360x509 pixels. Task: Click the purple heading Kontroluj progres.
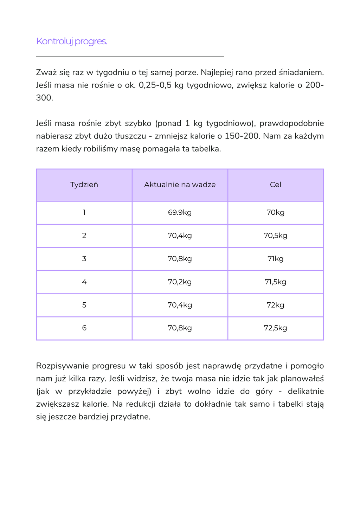click(71, 41)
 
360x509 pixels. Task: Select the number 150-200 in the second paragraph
click(242, 136)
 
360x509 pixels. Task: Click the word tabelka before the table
click(206, 149)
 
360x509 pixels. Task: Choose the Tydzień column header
click(84, 185)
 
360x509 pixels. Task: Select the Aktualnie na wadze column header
click(180, 185)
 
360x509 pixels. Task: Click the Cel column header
click(275, 185)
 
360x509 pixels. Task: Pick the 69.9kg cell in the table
click(180, 213)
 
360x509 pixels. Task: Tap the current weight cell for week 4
click(180, 282)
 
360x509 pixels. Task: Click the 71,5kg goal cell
click(275, 282)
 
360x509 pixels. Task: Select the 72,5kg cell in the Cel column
click(275, 328)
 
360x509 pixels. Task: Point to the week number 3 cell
click(84, 259)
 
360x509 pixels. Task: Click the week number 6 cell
click(84, 328)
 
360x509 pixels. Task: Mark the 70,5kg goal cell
click(275, 236)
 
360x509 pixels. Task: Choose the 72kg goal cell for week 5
click(275, 305)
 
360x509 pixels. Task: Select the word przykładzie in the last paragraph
click(90, 392)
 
